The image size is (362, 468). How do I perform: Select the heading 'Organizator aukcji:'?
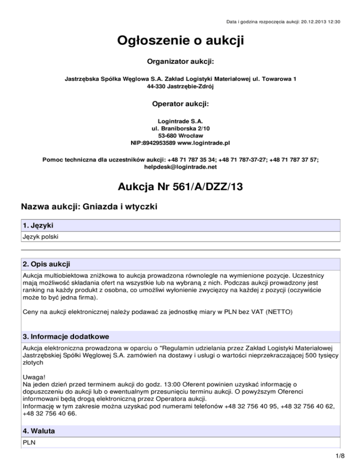[x=181, y=61]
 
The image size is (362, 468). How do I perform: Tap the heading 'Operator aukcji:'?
[x=181, y=103]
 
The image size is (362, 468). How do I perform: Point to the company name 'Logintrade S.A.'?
[x=181, y=121]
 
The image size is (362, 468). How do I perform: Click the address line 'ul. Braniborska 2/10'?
[x=181, y=128]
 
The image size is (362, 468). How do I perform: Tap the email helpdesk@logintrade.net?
[x=181, y=166]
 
